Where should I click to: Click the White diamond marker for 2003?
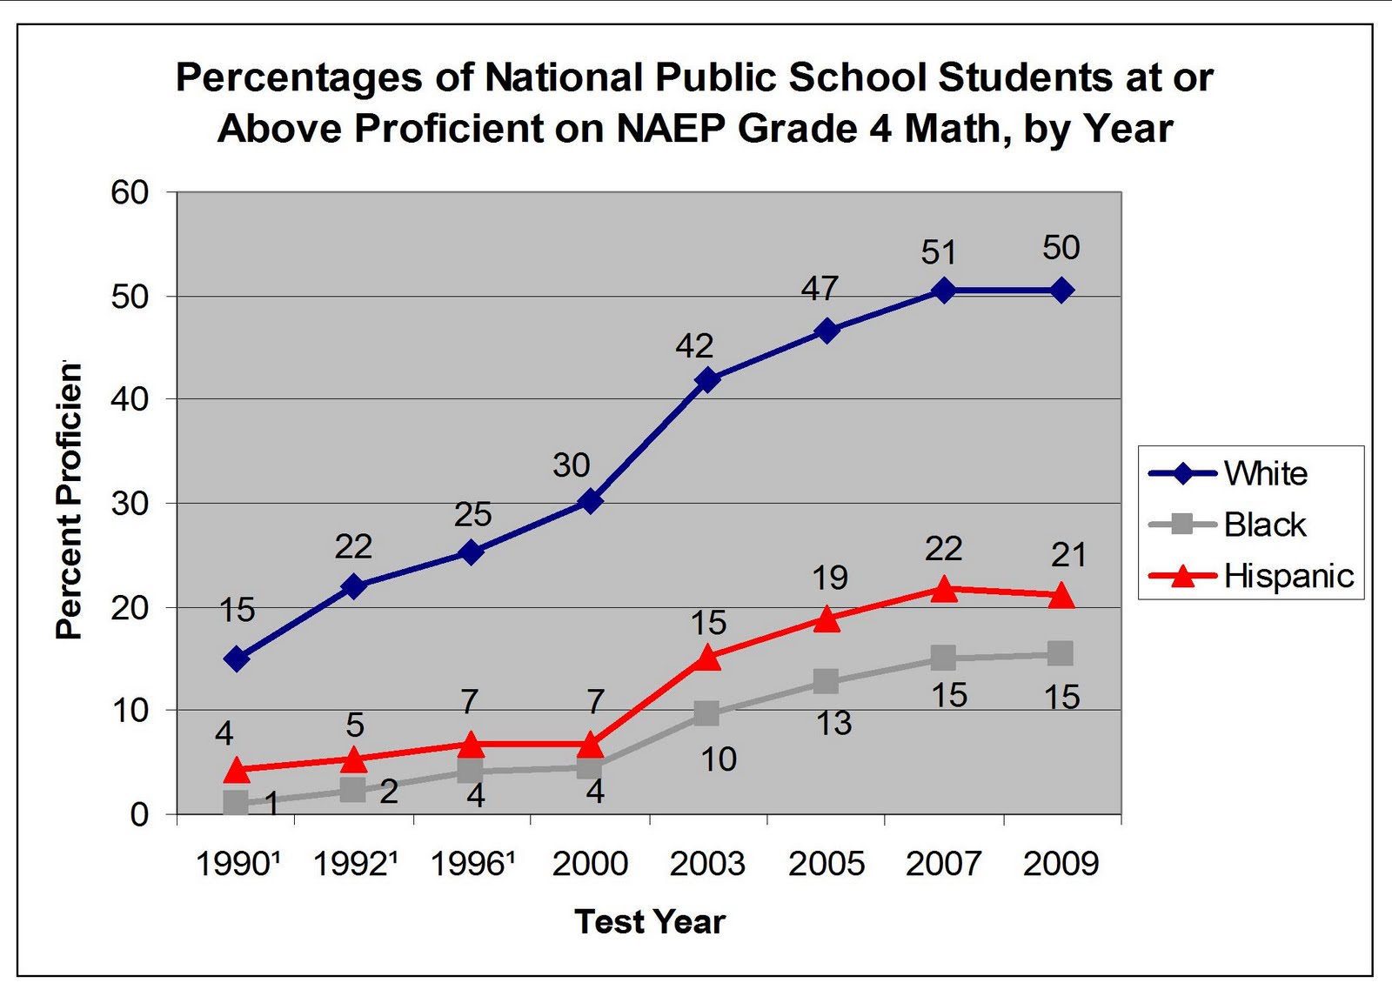707,380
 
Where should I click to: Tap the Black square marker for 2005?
826,681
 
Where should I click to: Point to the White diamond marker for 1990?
237,659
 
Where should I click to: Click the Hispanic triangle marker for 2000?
591,745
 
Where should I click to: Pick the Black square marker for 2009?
1061,653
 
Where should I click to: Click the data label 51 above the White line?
939,252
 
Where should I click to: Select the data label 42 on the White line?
694,346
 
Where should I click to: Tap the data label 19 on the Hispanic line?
830,578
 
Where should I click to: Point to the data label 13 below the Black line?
833,723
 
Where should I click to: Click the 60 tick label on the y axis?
130,192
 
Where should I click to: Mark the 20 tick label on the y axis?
130,607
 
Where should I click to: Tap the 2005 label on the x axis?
826,864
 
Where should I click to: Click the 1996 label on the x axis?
472,864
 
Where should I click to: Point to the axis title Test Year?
649,921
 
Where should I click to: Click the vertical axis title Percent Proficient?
69,501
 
